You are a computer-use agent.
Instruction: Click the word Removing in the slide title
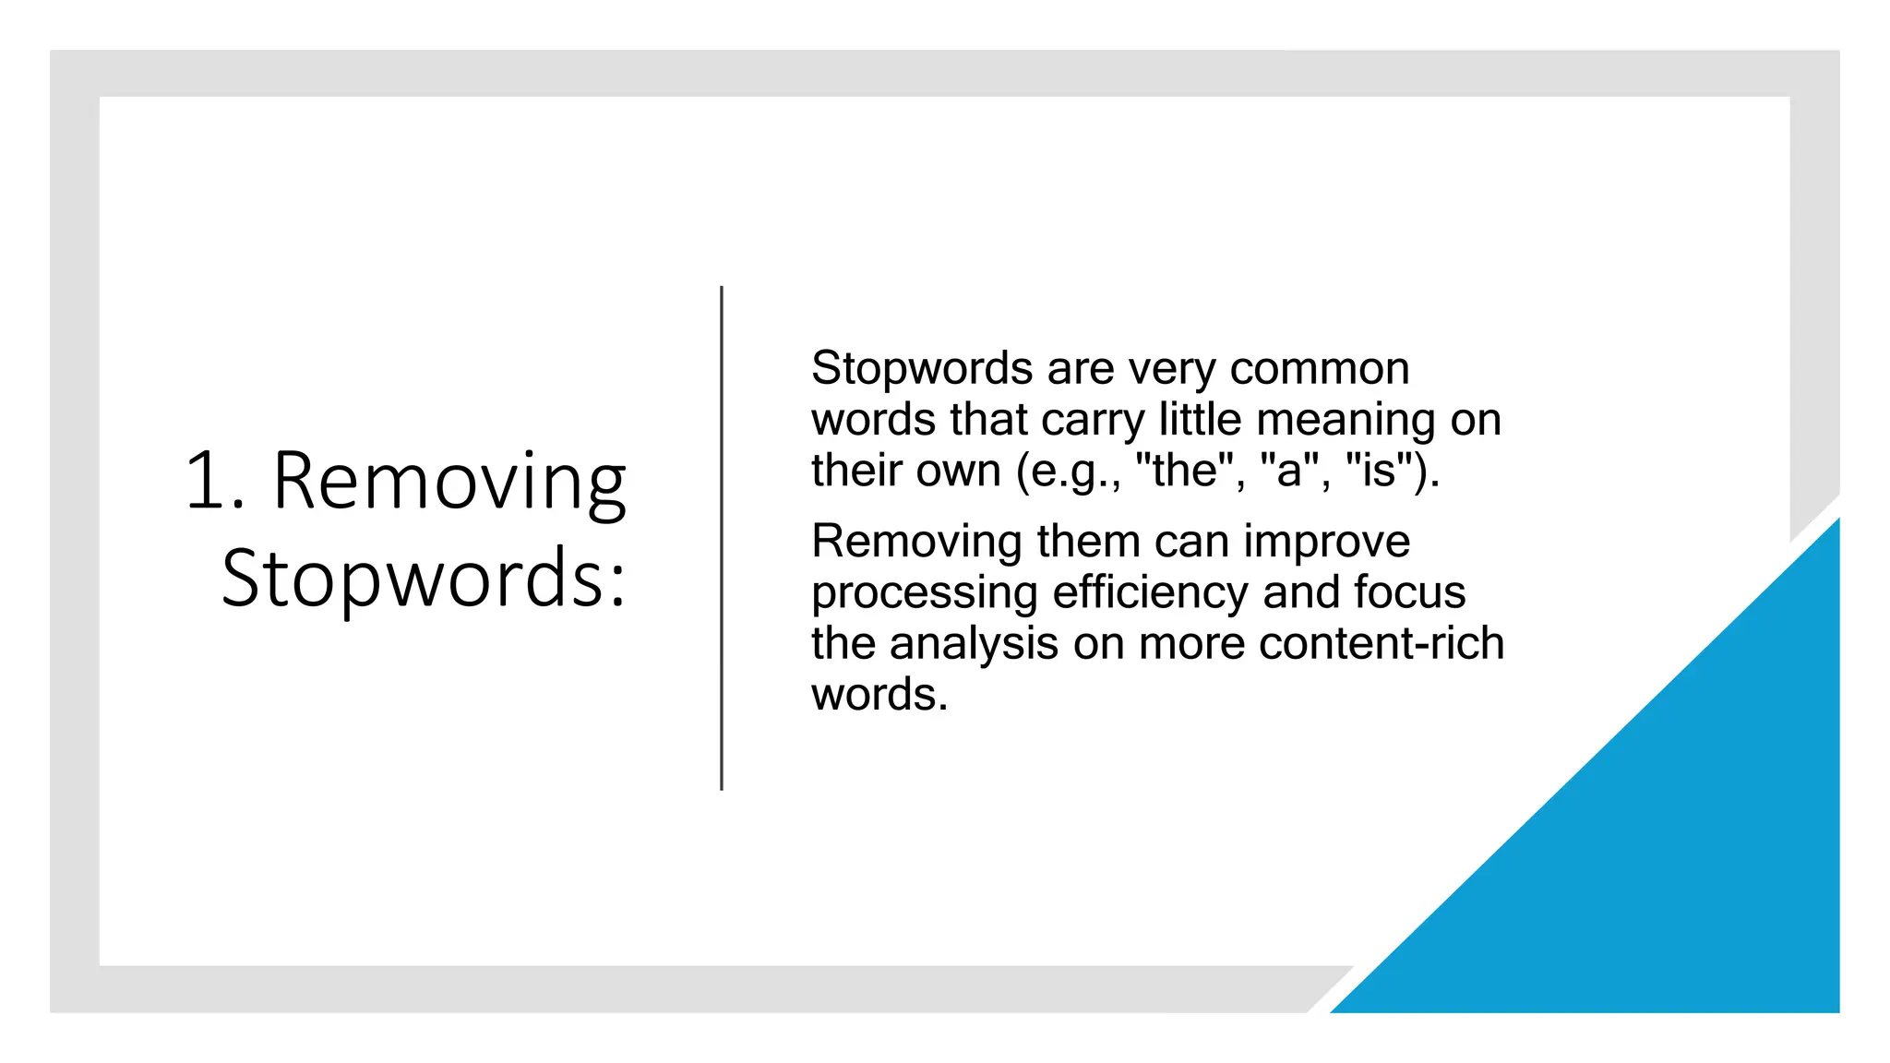pyautogui.click(x=449, y=482)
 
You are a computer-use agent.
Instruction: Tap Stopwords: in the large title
pyautogui.click(x=424, y=579)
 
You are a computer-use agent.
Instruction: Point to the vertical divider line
pyautogui.click(x=722, y=538)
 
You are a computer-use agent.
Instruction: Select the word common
pyautogui.click(x=1320, y=369)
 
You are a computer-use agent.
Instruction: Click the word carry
pyautogui.click(x=1093, y=421)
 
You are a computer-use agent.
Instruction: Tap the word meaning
pyautogui.click(x=1346, y=421)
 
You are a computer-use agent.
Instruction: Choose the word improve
pyautogui.click(x=1326, y=543)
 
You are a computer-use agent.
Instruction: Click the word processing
pyautogui.click(x=925, y=593)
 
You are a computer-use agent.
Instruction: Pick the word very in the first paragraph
pyautogui.click(x=1172, y=369)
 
